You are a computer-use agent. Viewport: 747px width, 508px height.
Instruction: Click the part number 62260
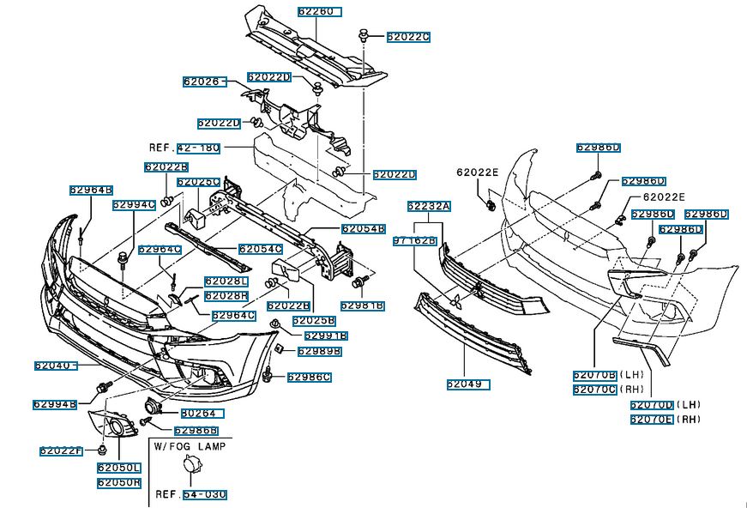(x=319, y=12)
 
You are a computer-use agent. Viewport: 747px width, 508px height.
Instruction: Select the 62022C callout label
(x=407, y=37)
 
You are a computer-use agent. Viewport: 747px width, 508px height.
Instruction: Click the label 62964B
(x=92, y=190)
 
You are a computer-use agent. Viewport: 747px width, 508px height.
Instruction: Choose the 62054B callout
(x=363, y=229)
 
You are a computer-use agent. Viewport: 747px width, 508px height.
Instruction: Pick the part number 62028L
(x=226, y=281)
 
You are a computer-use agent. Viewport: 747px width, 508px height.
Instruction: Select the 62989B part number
(x=319, y=351)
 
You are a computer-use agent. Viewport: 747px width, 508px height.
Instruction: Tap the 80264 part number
(x=198, y=414)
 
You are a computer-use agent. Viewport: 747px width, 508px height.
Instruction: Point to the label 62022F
(x=61, y=451)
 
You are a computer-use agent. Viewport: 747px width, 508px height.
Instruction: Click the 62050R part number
(x=118, y=483)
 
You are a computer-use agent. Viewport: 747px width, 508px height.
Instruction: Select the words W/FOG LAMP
(x=190, y=447)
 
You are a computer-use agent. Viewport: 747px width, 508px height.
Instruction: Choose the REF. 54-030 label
(x=190, y=495)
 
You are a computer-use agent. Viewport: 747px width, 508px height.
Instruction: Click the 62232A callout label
(x=429, y=207)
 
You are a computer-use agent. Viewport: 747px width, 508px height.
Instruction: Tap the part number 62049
(x=467, y=384)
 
